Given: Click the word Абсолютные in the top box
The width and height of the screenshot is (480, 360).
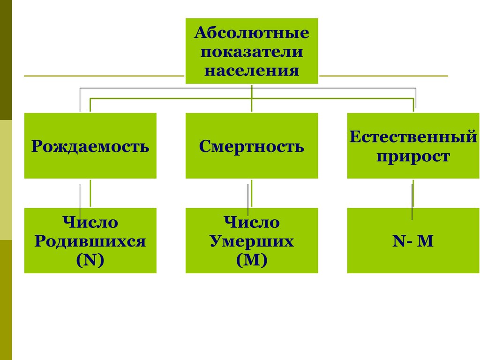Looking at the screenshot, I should pos(252,33).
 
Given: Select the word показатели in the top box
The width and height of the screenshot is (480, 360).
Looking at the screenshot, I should pos(252,52).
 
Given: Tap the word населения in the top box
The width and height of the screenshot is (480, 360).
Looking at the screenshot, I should pos(252,70).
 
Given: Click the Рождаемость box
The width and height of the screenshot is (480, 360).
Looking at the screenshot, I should pos(90,146).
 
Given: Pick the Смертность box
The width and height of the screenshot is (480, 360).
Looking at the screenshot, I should pos(252,146).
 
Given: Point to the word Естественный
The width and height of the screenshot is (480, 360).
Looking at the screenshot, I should pos(413,137).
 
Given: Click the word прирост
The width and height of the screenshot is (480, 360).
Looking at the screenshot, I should pos(413,156).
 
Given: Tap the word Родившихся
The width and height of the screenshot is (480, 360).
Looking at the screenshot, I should pos(90,241).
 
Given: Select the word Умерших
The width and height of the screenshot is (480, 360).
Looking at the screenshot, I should pos(252,241).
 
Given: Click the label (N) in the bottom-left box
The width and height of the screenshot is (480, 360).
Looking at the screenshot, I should pos(90,260).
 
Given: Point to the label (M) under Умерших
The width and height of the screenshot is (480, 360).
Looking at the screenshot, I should pos(252,260).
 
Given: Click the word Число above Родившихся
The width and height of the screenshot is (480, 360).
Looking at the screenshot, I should pos(90,222).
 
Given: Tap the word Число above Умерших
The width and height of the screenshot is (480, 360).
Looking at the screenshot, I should pos(252,222).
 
